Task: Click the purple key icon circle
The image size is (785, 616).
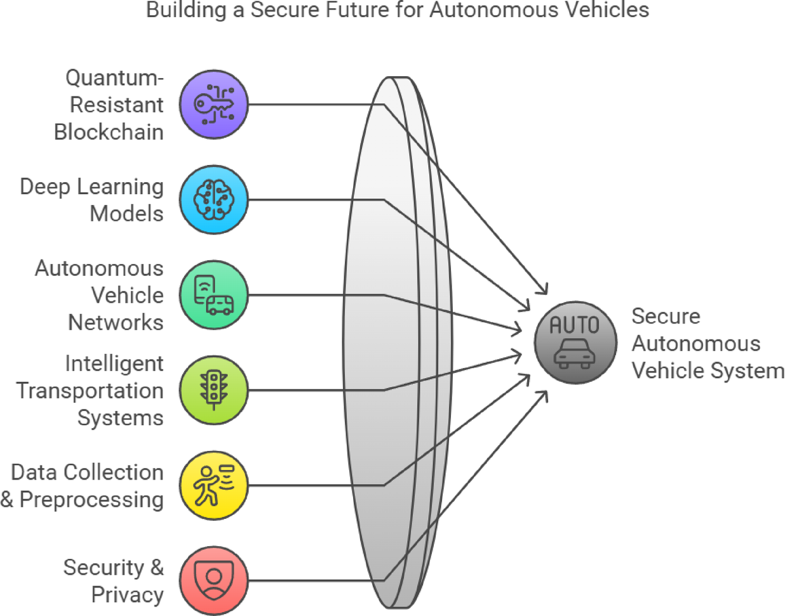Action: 213,105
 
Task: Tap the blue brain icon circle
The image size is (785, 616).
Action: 213,200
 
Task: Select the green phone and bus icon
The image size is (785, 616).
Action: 213,295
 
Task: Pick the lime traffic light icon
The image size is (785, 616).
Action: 213,390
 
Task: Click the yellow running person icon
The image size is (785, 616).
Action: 213,485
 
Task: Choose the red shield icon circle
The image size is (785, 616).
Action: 213,580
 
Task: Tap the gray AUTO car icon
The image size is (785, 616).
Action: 575,343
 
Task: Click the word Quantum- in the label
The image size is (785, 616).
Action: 114,77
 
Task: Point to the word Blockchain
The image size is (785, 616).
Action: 109,132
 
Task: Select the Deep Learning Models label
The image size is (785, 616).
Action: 92,200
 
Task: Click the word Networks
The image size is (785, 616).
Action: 116,322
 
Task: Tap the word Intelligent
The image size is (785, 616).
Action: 114,364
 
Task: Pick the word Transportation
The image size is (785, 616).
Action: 90,391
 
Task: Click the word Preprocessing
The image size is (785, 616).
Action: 91,499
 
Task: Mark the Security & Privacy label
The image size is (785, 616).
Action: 114,580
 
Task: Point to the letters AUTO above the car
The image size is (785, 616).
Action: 574,325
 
